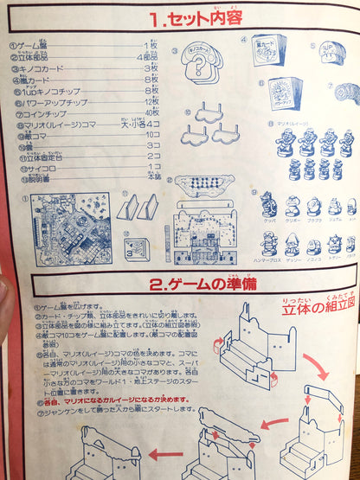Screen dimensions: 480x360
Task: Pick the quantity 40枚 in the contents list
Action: click(x=150, y=112)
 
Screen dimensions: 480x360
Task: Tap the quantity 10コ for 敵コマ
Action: click(x=151, y=134)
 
